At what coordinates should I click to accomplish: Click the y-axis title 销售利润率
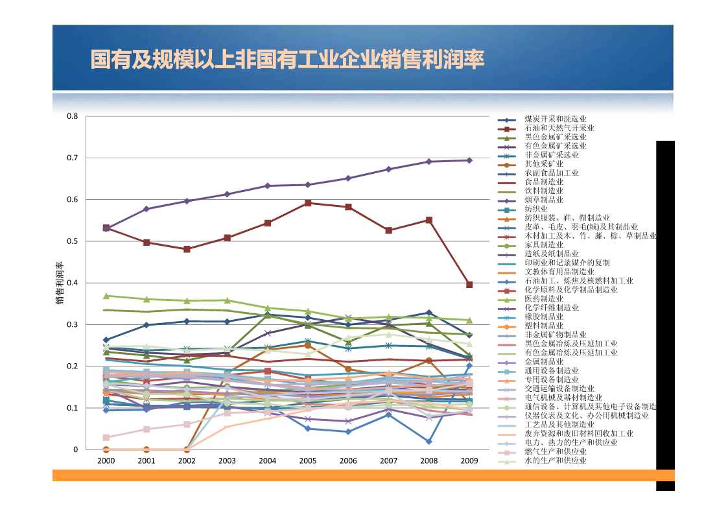tap(59, 283)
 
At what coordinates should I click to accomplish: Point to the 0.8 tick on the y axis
tap(73, 117)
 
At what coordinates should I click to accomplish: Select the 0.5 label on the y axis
tap(73, 241)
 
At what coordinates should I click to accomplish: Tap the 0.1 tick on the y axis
tap(73, 408)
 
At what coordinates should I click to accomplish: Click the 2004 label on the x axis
tap(267, 461)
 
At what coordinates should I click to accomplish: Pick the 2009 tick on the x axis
tap(469, 461)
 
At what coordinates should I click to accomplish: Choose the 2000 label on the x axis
tap(106, 461)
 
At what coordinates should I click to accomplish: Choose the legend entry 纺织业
tap(536, 209)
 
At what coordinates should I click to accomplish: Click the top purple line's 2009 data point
tap(469, 160)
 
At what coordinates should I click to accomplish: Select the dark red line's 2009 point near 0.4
tap(469, 285)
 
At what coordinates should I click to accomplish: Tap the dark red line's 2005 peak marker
tap(308, 203)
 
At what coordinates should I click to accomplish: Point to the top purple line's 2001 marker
tap(147, 209)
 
